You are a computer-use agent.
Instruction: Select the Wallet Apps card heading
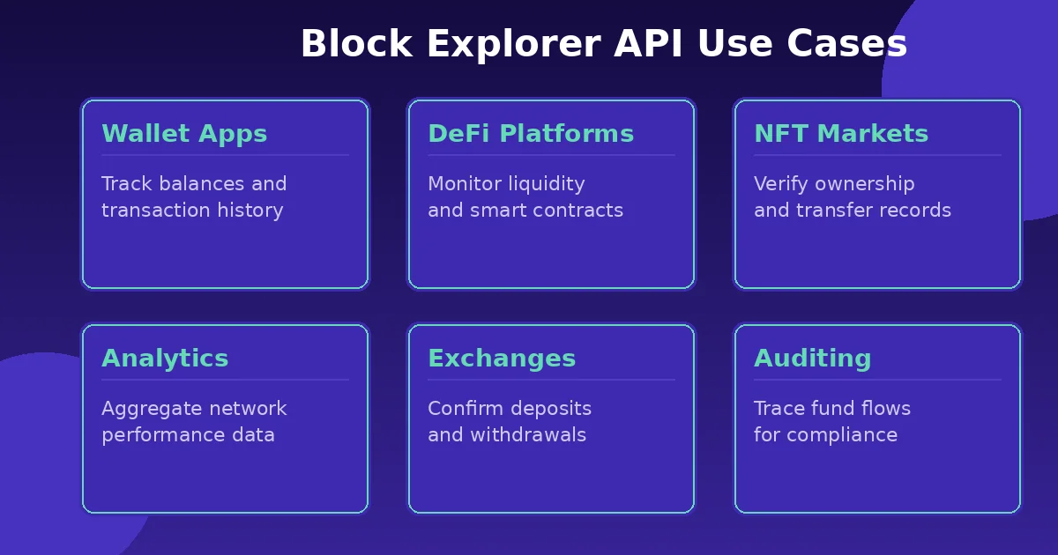click(184, 135)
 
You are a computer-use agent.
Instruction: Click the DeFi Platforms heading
click(531, 135)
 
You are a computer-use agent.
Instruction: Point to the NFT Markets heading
click(841, 135)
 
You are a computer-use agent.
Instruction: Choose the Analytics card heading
click(165, 359)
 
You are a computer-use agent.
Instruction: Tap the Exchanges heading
click(502, 359)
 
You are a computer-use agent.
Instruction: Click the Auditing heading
click(813, 359)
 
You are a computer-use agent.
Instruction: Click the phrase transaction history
click(192, 211)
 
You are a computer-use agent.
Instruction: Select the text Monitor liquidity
click(506, 184)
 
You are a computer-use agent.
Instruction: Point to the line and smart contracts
click(525, 211)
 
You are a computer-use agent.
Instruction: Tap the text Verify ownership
click(834, 184)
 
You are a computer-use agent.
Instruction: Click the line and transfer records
click(853, 211)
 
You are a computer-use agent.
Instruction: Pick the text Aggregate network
click(194, 409)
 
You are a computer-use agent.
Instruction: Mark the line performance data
click(188, 435)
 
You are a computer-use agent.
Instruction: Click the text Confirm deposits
click(510, 409)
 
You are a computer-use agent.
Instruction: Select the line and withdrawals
click(507, 435)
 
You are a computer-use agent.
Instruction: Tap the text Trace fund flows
click(832, 409)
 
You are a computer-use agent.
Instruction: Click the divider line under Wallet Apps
click(225, 156)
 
